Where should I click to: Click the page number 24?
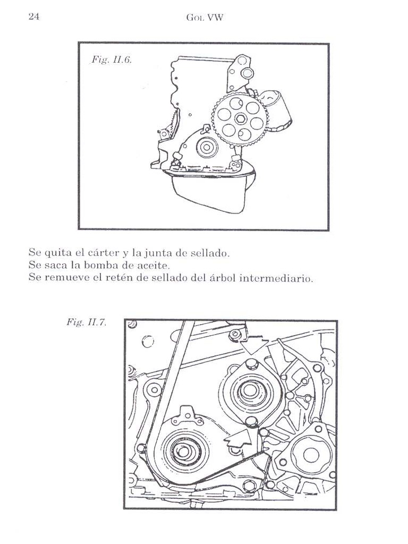pos(33,16)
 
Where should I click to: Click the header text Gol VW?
pos(205,18)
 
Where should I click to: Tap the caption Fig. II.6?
pos(112,60)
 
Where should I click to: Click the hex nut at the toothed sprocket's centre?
pos(241,117)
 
